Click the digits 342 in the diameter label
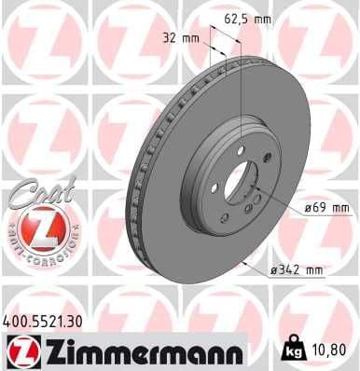[289, 270]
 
